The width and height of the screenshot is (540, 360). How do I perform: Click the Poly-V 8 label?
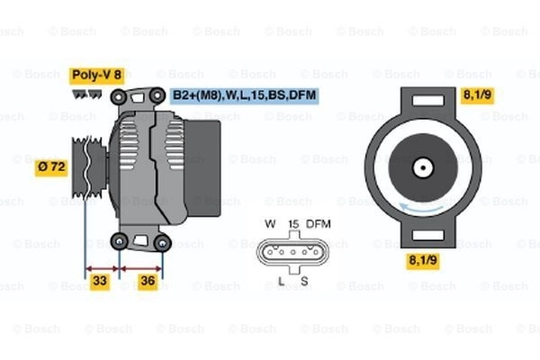click(96, 76)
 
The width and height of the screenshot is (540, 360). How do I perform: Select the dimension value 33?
click(101, 281)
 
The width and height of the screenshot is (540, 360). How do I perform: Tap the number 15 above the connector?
click(292, 223)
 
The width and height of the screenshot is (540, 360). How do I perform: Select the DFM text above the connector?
click(319, 223)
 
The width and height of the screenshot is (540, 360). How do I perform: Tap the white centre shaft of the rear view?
click(421, 166)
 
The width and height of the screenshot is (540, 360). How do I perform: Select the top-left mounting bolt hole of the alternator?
click(118, 94)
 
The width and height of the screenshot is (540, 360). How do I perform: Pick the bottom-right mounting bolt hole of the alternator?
click(162, 241)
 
